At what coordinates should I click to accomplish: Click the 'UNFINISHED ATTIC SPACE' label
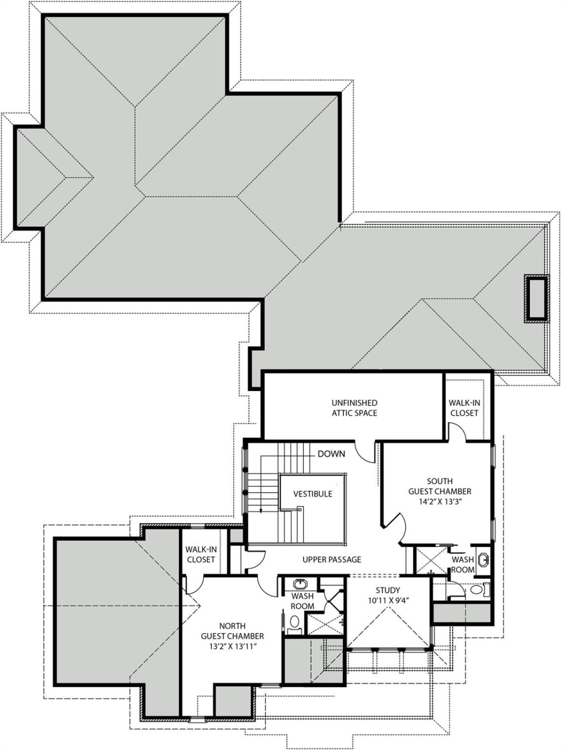(354, 408)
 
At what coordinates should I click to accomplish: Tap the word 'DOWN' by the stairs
(331, 454)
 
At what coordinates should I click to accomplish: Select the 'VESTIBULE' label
(312, 494)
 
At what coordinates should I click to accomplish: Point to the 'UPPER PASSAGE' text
(331, 559)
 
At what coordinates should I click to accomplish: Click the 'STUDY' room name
(388, 590)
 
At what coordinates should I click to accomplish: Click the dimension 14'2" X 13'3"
(440, 502)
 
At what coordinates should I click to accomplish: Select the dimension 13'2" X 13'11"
(232, 646)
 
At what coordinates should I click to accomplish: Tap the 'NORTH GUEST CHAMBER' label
(232, 631)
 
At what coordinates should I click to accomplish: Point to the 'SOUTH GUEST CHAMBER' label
(440, 486)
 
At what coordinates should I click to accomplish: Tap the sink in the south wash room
(483, 560)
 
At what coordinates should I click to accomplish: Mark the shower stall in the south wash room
(430, 560)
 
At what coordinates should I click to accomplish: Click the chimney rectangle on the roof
(537, 298)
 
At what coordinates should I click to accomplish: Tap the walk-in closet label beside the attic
(464, 408)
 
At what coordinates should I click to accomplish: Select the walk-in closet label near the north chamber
(200, 555)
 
